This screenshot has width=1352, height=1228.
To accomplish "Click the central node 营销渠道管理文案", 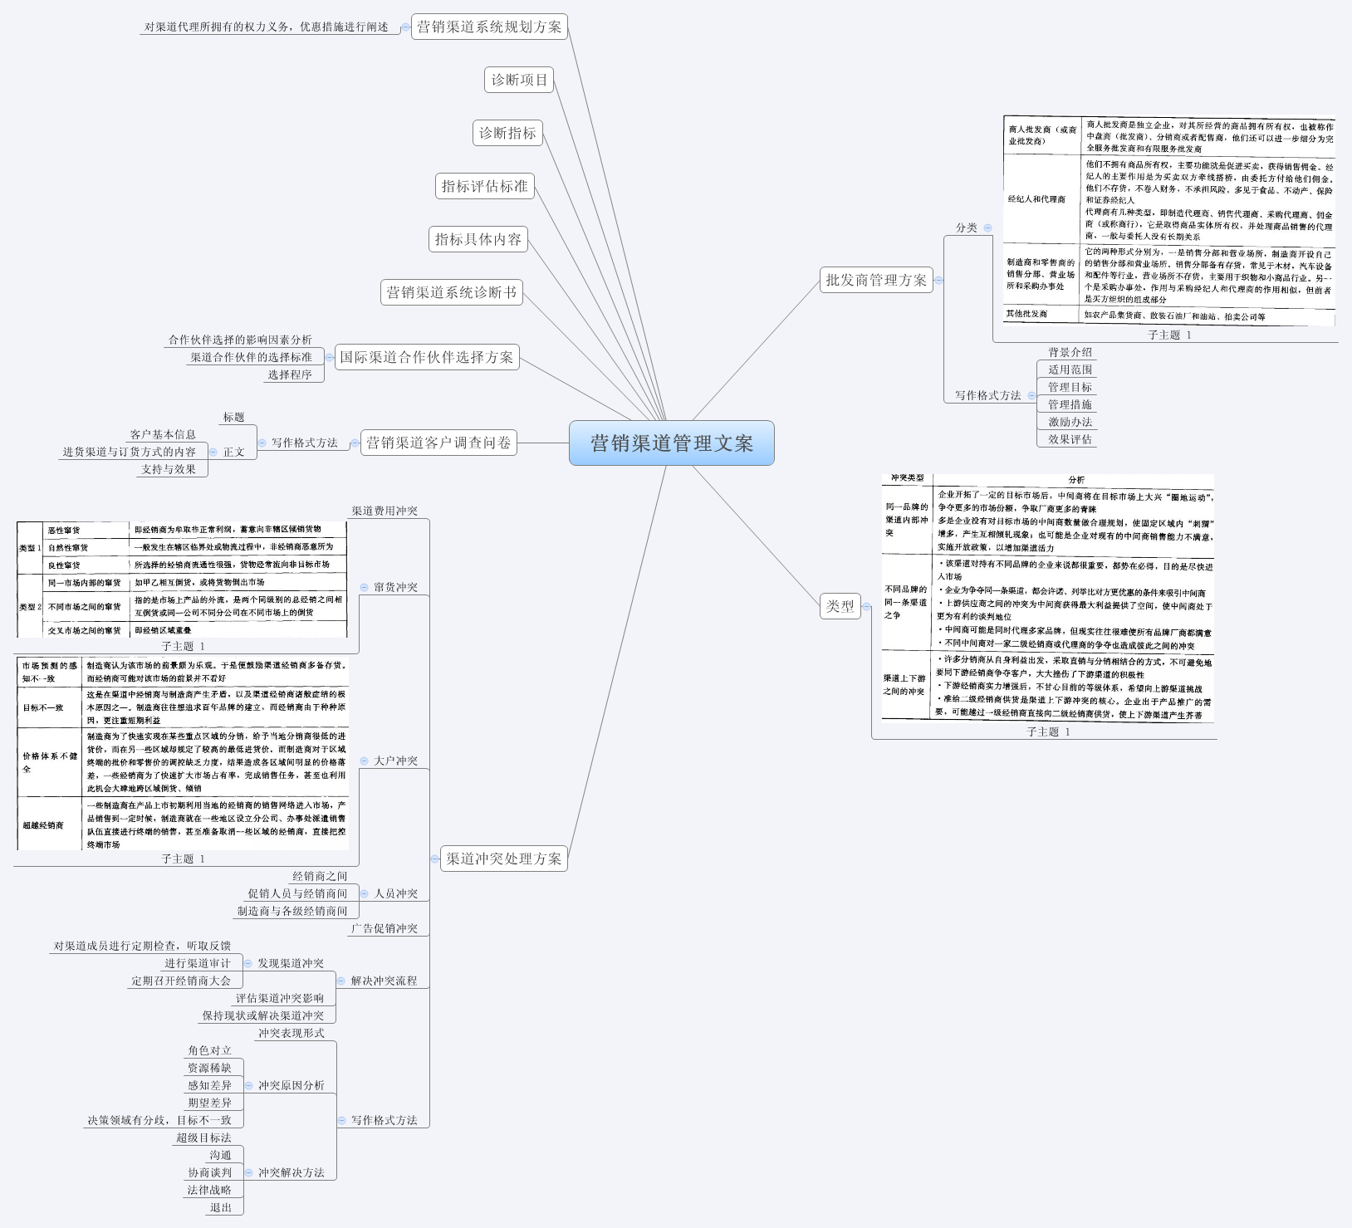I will (x=671, y=443).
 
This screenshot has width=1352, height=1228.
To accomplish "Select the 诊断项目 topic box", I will (x=519, y=80).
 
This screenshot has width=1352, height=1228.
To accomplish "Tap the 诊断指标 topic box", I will (x=507, y=133).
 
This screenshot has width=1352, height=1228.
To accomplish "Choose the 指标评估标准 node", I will (x=484, y=186).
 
